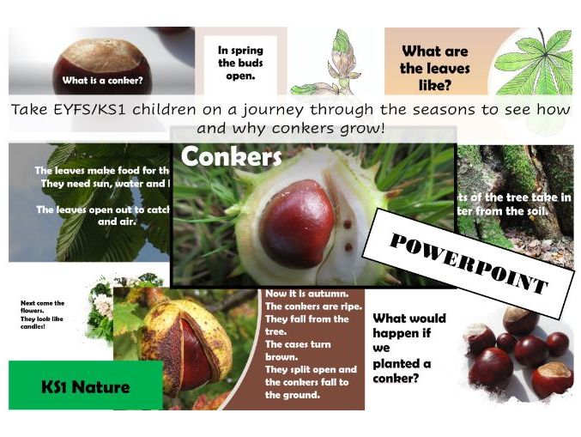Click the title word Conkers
(x=219, y=157)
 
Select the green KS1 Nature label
(x=85, y=386)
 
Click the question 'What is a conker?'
(x=102, y=82)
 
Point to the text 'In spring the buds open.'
(x=240, y=61)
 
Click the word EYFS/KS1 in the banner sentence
(x=87, y=110)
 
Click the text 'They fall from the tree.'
(x=306, y=325)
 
